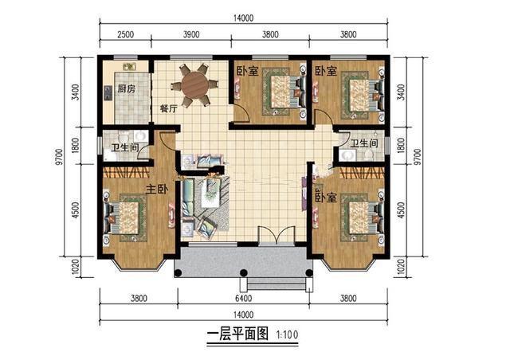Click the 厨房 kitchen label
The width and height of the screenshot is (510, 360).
point(125,88)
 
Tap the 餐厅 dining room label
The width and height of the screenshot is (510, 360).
point(167,108)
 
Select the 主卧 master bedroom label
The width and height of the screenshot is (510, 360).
point(156,190)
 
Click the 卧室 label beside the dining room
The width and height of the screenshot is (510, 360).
point(246,71)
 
